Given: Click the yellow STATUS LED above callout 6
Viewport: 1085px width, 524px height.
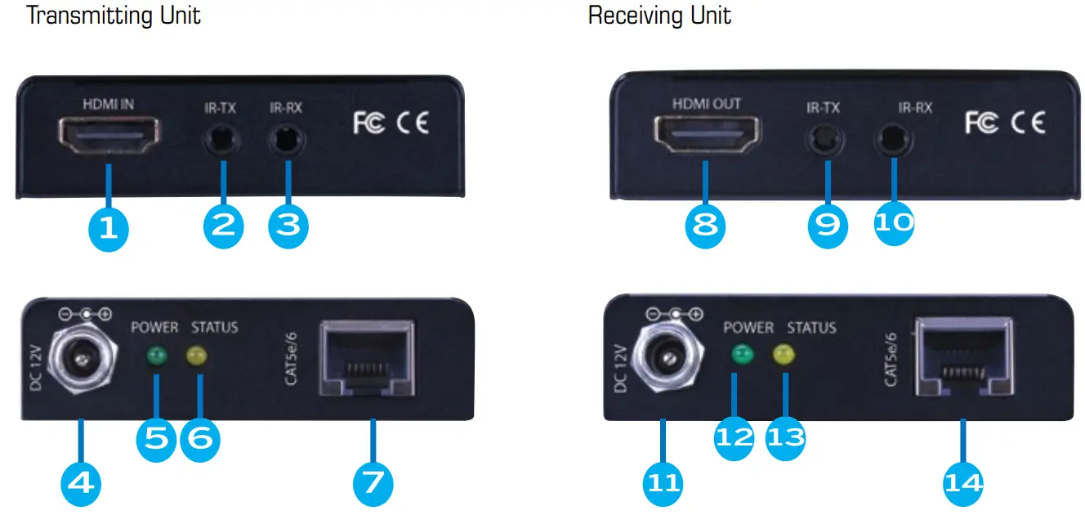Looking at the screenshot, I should pyautogui.click(x=197, y=356).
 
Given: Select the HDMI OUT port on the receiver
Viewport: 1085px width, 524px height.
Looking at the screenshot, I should pyautogui.click(x=706, y=136).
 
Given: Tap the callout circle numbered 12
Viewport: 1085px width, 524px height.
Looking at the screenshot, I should pyautogui.click(x=734, y=437).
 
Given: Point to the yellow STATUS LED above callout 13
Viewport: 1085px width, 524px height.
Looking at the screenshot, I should pyautogui.click(x=784, y=355).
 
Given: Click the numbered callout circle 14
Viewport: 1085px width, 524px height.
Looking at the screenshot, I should pyautogui.click(x=963, y=483).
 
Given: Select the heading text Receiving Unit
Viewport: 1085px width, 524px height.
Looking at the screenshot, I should pyautogui.click(x=659, y=15).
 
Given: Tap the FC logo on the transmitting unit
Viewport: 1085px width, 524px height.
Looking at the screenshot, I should pyautogui.click(x=368, y=123).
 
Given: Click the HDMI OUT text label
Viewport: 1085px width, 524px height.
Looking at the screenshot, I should pyautogui.click(x=706, y=105).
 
